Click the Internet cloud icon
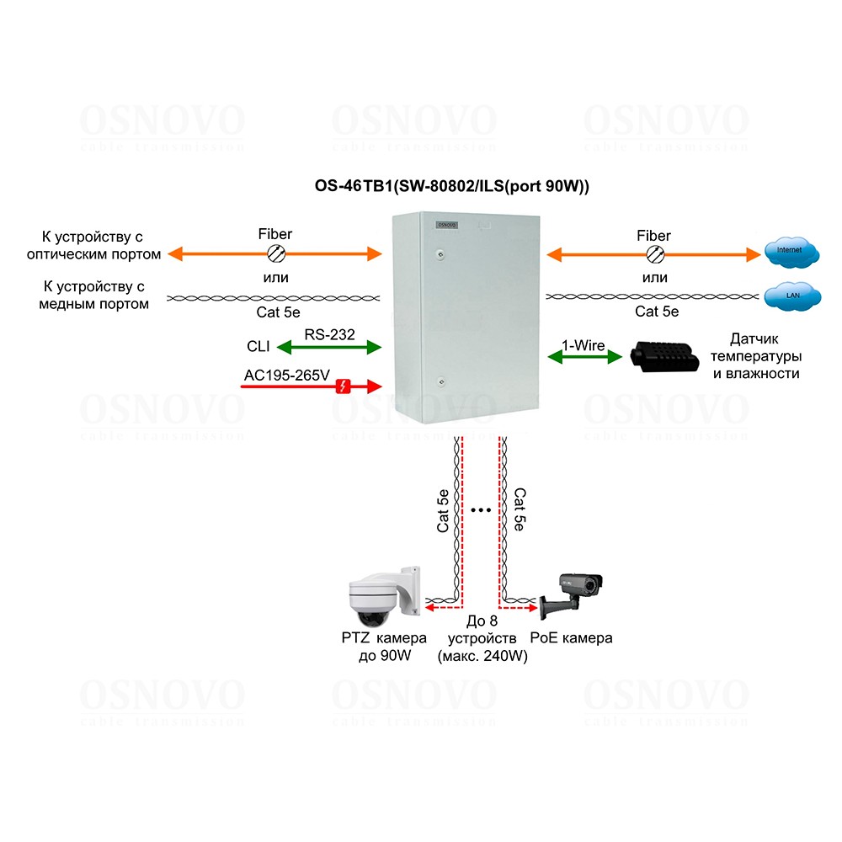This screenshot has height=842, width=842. point(792,250)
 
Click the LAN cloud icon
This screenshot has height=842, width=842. point(792,295)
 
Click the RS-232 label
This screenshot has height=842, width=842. point(330,334)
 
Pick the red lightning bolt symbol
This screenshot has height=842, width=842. point(344,386)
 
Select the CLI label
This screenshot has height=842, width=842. point(258,346)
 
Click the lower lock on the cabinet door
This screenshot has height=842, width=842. point(440,381)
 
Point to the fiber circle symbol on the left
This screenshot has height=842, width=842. point(275,253)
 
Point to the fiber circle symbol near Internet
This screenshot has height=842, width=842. point(654,253)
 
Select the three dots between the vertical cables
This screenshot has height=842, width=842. point(482,510)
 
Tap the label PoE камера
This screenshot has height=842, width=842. point(572,638)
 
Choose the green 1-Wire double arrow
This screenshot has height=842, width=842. point(584,357)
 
